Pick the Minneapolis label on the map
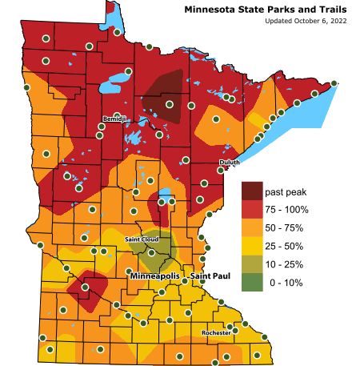(x=155, y=276)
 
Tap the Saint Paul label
(x=210, y=276)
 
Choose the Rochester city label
(x=214, y=332)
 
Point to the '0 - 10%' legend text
(x=286, y=282)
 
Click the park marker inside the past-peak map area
(x=169, y=103)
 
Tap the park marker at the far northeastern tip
(x=334, y=82)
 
